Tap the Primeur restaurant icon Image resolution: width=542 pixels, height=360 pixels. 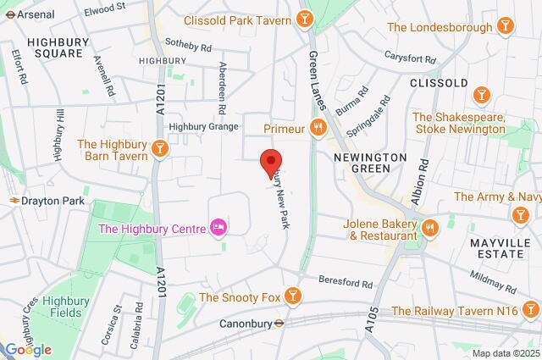[318, 128]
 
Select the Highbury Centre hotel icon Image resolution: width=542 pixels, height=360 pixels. [218, 227]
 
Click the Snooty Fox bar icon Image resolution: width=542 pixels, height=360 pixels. [292, 296]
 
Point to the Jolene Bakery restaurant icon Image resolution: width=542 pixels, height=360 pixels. [429, 226]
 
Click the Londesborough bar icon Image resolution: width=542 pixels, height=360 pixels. [506, 26]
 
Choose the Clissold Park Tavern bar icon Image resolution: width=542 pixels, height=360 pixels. [304, 19]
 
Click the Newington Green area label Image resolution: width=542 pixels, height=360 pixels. [369, 163]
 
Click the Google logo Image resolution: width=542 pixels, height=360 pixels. [27, 350]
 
